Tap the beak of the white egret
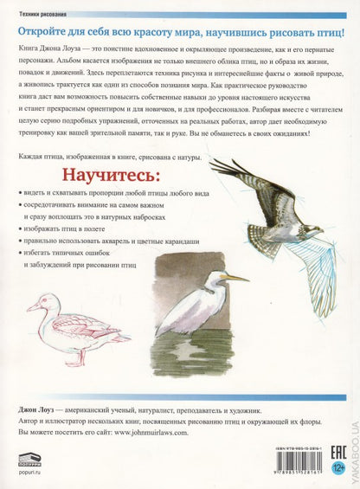coord(236,277)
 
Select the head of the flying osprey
coord(216,164)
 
